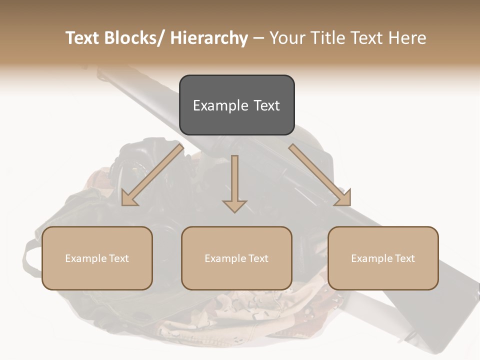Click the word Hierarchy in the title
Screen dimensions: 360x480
(x=209, y=38)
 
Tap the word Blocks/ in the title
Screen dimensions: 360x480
(x=131, y=38)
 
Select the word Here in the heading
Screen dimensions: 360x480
(x=408, y=38)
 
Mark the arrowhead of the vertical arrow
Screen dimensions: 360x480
(x=235, y=206)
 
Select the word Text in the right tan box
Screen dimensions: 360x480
(x=404, y=258)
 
